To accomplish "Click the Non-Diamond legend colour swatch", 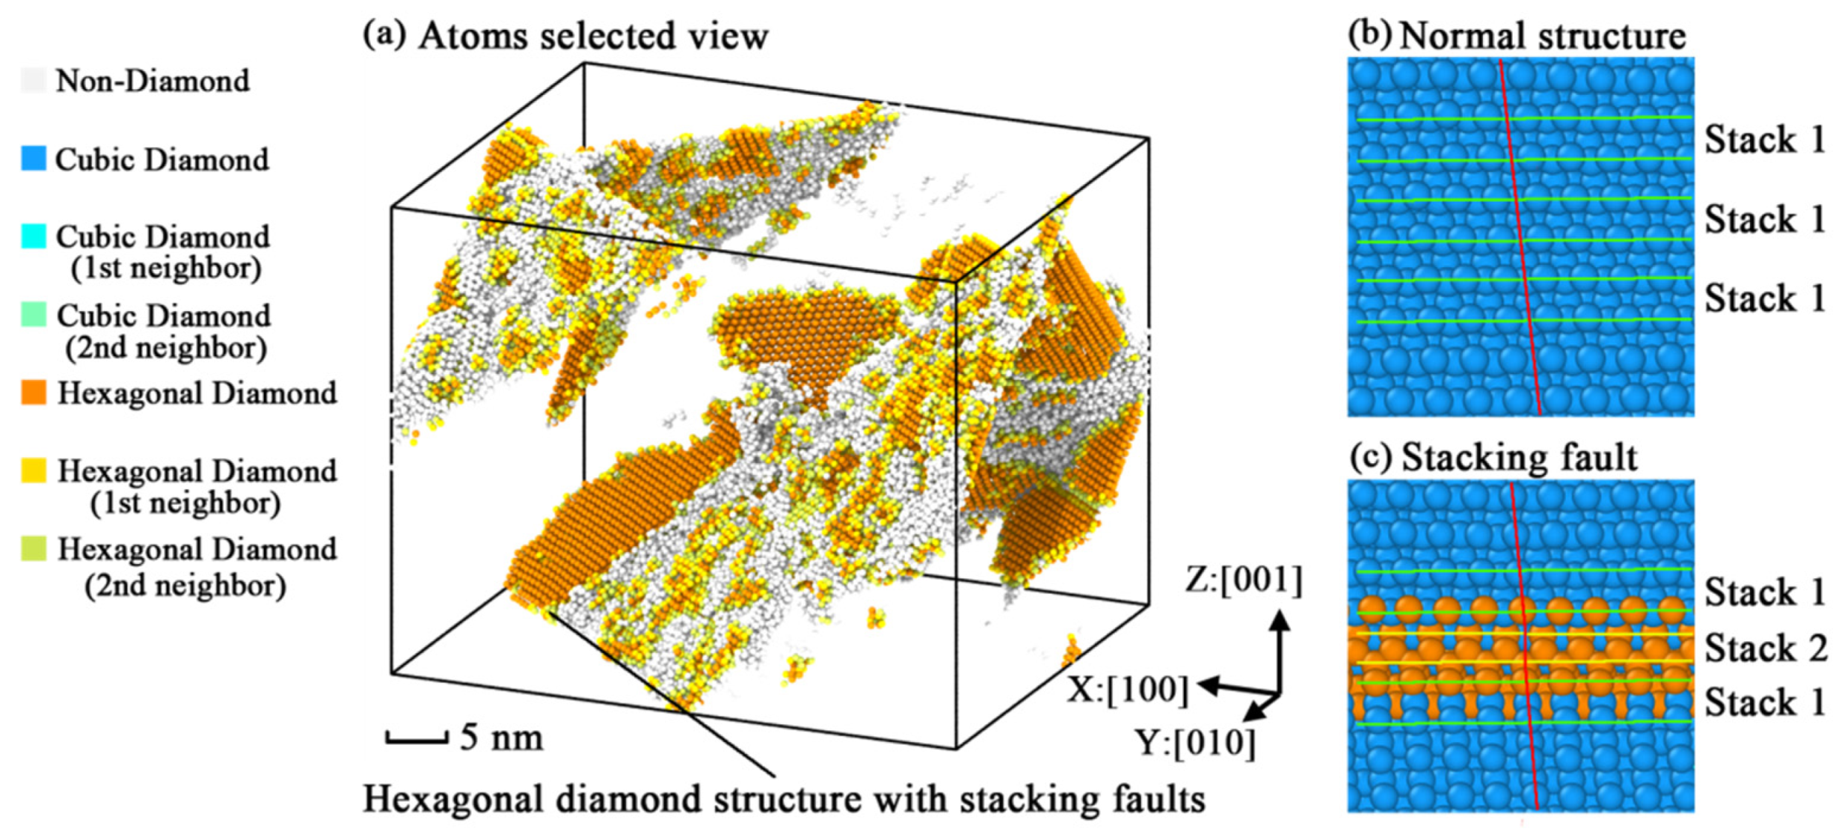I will click(33, 80).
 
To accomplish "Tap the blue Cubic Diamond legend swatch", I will click(33, 159).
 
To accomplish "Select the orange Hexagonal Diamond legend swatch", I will click(33, 393).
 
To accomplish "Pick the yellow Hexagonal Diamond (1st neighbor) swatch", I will click(33, 470).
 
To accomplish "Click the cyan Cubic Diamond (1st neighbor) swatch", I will click(33, 237).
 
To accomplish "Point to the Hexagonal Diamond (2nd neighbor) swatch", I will click(33, 549).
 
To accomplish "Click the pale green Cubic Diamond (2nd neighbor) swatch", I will click(33, 315).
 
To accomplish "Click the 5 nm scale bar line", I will click(416, 738).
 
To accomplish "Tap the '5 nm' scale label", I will click(502, 737).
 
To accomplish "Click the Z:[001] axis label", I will click(1243, 580).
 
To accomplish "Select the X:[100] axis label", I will click(1128, 689).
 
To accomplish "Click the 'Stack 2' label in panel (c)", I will click(1765, 648).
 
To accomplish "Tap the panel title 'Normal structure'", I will click(1542, 36).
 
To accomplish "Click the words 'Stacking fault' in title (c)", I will click(1519, 457).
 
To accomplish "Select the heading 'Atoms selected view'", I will click(593, 36).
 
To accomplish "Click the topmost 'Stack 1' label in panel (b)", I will click(1764, 139).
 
